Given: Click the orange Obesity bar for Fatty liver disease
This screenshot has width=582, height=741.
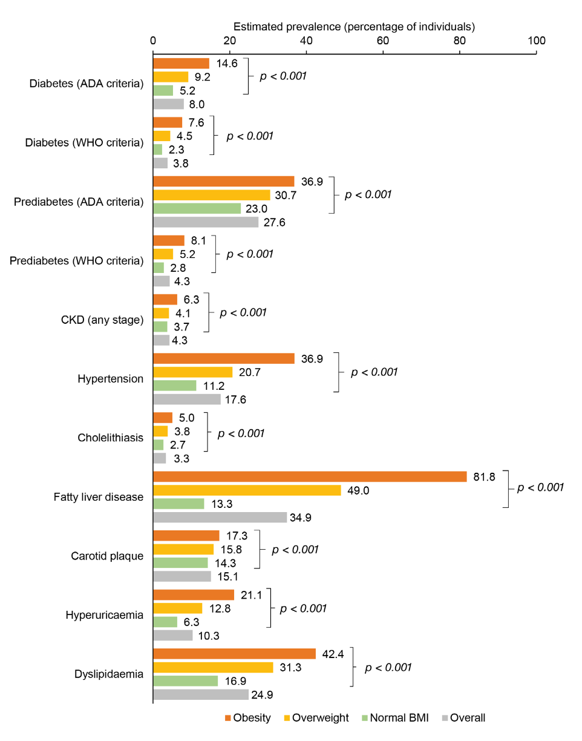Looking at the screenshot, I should pos(310,476).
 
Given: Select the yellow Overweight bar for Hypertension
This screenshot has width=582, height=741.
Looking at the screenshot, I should pos(192,372).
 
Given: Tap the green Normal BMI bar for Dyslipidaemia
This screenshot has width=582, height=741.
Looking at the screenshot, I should pos(185,681).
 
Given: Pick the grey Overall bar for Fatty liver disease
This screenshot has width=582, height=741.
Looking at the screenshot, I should pos(220,518).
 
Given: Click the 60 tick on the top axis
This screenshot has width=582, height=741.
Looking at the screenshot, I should pos(383,41).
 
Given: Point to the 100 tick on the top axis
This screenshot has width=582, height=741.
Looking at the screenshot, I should pos(536,41).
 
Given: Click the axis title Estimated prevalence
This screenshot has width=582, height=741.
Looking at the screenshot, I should pos(354,27).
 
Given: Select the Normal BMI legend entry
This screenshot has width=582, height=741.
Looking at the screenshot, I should pos(393,718).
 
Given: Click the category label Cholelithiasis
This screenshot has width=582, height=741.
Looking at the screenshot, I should pos(111,438).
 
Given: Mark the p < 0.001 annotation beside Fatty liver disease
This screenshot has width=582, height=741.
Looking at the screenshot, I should pos(537,487).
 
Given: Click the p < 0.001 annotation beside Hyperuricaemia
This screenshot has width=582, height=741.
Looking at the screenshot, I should pos(303,608).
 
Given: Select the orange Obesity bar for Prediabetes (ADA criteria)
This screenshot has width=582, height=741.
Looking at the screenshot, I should pos(223,182).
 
